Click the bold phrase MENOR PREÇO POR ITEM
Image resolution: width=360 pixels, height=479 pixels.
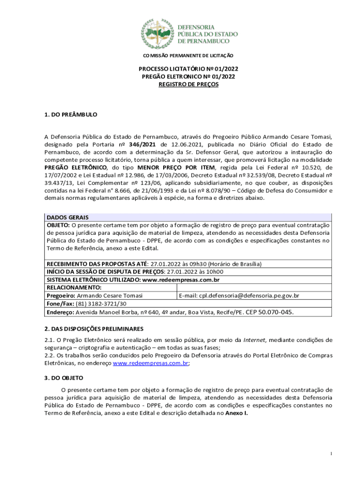[x=186, y=167]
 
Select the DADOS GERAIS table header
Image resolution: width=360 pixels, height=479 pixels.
[x=67, y=218]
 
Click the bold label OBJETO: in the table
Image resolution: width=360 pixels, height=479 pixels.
[x=58, y=225]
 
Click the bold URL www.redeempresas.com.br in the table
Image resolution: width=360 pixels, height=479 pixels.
[x=180, y=280]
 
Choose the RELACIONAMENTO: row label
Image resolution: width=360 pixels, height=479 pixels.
[x=74, y=288]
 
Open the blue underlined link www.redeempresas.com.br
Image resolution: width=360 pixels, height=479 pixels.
[x=151, y=363]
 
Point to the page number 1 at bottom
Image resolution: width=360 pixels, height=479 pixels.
[x=331, y=454]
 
